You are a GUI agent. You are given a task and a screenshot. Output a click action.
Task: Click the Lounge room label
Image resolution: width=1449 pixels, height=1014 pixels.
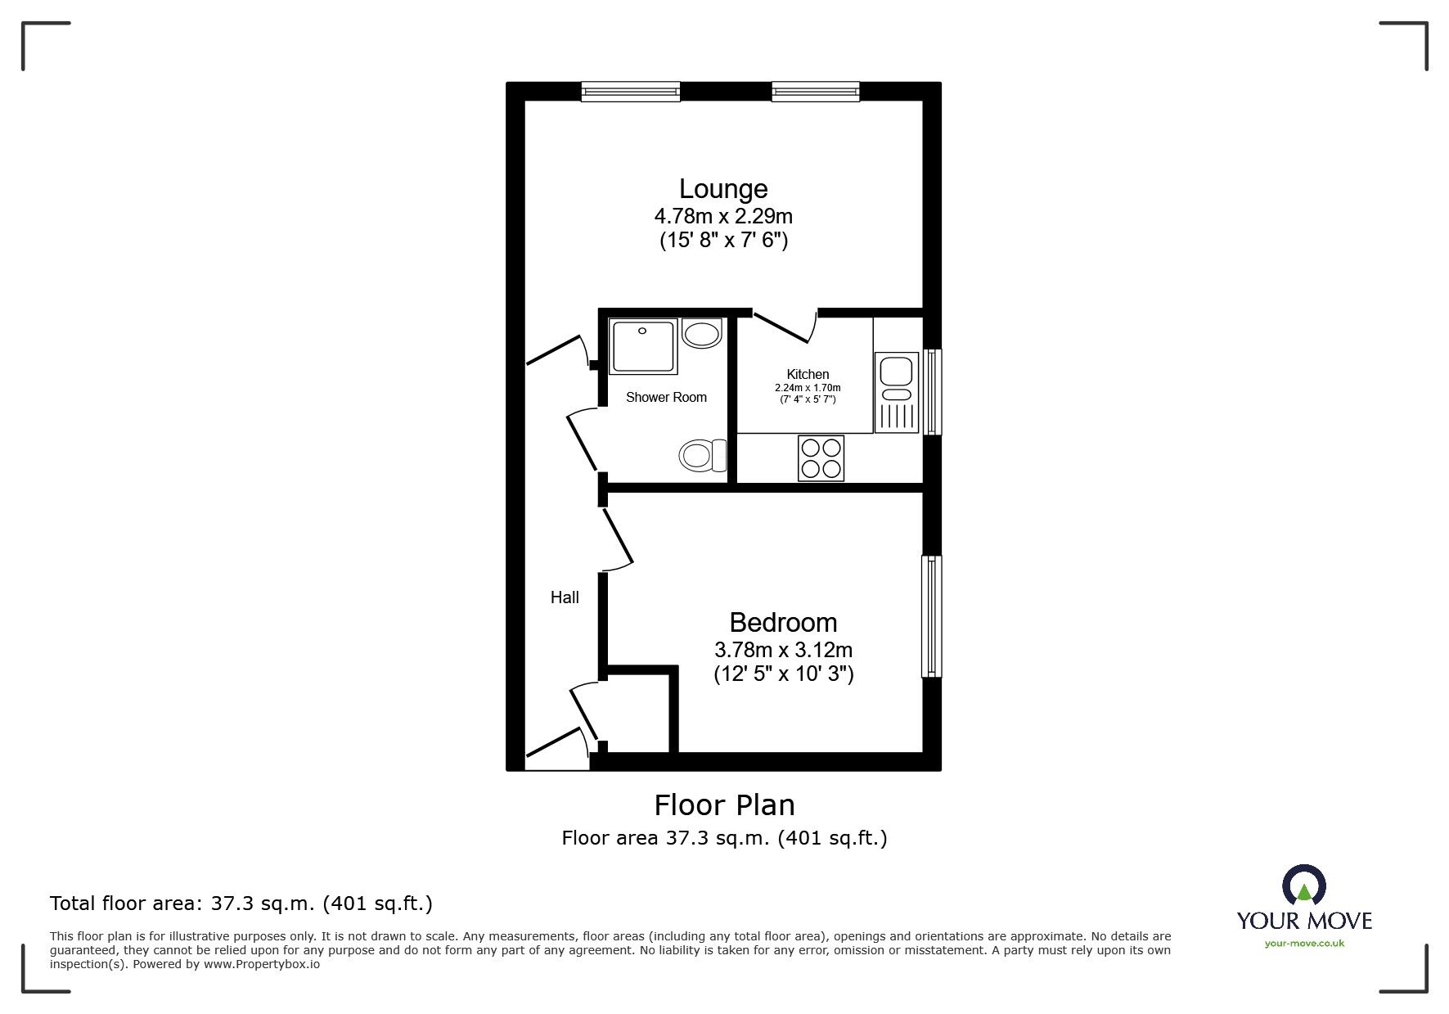point(723,189)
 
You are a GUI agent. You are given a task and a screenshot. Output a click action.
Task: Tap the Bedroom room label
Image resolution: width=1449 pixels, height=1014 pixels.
point(783,623)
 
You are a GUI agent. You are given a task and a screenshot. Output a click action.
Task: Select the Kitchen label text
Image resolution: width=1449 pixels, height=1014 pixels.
point(808,375)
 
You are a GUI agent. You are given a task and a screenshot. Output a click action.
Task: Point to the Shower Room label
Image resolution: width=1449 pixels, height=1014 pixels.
point(666,398)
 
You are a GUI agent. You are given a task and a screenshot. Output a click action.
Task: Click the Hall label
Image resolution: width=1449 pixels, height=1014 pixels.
point(565,598)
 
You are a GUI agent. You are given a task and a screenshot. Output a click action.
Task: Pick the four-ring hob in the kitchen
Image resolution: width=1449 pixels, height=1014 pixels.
point(821,458)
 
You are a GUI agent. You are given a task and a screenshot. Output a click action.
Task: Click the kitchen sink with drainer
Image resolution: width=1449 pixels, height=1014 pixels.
point(897,392)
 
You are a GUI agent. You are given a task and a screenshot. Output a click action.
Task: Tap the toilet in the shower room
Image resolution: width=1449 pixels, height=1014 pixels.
point(703,455)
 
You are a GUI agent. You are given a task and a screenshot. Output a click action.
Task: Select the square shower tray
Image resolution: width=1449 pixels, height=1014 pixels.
point(643,345)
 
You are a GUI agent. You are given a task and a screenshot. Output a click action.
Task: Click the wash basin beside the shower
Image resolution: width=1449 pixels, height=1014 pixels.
point(701,334)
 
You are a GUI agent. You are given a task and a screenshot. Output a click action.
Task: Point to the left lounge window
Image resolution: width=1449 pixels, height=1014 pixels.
point(631,92)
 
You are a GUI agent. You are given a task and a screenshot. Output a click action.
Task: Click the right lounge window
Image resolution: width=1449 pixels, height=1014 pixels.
point(815,92)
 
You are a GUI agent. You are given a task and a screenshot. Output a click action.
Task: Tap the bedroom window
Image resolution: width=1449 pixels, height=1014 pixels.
point(931,616)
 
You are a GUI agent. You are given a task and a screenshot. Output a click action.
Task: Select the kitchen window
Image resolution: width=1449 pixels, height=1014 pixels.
point(932,392)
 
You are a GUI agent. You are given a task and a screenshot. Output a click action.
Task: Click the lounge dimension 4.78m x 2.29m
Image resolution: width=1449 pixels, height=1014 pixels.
point(723,217)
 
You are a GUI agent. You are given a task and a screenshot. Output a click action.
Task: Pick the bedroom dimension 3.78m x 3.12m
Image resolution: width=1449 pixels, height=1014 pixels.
point(784,651)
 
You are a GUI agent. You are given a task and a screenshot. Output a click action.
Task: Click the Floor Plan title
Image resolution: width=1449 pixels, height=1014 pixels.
point(724,805)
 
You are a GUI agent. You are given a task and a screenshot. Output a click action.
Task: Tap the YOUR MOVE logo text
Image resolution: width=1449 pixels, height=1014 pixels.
point(1304,921)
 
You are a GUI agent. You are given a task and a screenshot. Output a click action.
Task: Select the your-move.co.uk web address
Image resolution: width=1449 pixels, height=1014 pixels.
point(1304,944)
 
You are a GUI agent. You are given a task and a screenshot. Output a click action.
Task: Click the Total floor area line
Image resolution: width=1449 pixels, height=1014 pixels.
point(241,904)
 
